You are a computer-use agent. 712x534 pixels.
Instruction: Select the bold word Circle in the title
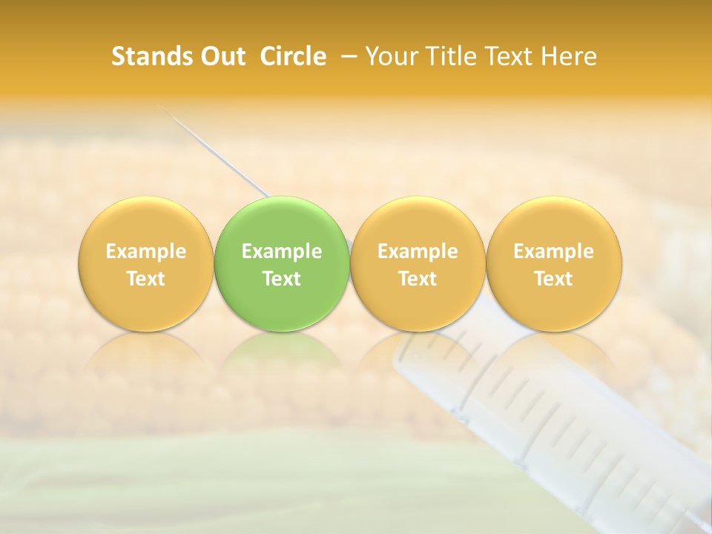point(293,56)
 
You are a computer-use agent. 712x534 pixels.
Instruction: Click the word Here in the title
point(568,56)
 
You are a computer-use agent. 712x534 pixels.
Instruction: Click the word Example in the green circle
point(282,251)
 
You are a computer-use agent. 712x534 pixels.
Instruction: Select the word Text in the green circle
point(282,279)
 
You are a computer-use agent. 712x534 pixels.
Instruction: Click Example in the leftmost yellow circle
point(146,251)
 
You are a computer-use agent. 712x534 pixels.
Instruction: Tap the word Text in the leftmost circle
point(146,279)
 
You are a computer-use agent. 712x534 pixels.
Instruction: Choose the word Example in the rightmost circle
point(553,251)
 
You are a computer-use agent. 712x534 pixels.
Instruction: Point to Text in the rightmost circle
point(553,279)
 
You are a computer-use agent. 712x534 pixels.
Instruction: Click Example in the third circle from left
point(418,251)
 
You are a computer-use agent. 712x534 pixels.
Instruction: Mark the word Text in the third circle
point(418,279)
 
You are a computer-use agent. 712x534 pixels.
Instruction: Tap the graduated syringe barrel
point(534,415)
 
